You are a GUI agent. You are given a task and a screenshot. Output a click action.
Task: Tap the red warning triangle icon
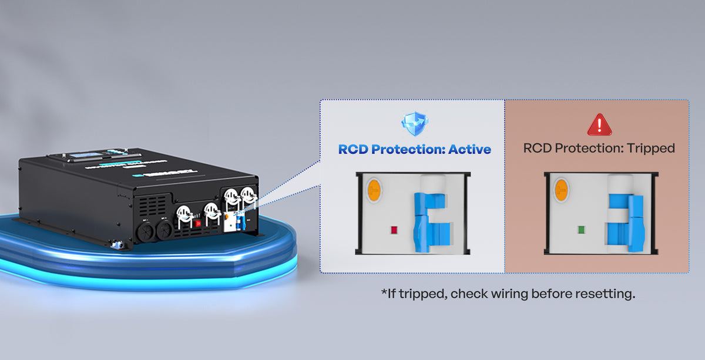tap(599, 124)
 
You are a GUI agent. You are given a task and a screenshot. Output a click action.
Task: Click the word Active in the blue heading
tap(469, 149)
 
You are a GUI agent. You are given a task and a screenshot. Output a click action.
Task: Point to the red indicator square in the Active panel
tap(393, 230)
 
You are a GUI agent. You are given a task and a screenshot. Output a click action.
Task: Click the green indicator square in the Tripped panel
tap(581, 230)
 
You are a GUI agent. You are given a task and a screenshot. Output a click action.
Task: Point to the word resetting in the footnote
tap(606, 294)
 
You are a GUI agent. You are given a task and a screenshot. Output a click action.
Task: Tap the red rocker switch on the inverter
tap(198, 223)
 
